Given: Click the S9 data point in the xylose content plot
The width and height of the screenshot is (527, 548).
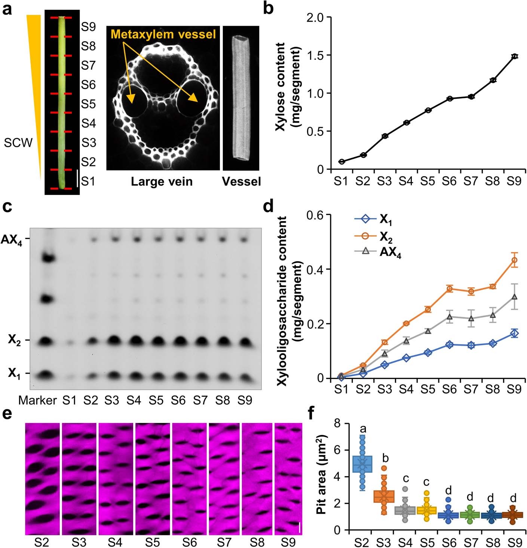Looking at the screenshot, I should click(x=515, y=56).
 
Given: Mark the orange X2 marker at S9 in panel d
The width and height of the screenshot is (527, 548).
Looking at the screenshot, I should click(x=515, y=260).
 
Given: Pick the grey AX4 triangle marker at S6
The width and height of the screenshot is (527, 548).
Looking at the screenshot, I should click(x=450, y=317).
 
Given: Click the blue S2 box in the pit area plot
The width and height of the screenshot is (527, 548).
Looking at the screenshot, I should click(x=362, y=464).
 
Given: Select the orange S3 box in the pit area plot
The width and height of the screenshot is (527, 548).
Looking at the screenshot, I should click(x=384, y=496).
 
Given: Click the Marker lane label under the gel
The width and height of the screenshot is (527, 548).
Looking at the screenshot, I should click(x=37, y=401).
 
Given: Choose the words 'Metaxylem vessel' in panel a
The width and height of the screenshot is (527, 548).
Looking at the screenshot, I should click(x=163, y=34).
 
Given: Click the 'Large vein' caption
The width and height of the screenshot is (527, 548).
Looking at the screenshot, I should click(x=162, y=182).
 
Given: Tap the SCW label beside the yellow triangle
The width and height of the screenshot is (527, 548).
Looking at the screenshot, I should click(x=18, y=143).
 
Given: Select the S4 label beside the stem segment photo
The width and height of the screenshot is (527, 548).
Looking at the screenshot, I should click(x=88, y=123).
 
